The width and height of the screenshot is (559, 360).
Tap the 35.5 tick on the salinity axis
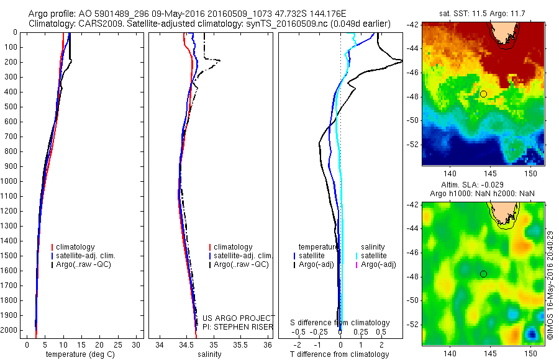coord(240,344)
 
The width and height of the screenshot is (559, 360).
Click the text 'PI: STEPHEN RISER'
coord(239,326)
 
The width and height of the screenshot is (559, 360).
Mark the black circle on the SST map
coord(483,94)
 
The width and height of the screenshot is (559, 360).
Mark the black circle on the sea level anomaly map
coord(483,274)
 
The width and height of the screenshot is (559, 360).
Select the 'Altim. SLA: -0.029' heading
coord(483,185)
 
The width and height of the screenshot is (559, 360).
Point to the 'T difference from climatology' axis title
coord(339,354)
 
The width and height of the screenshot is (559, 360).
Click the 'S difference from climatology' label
coord(340,323)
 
